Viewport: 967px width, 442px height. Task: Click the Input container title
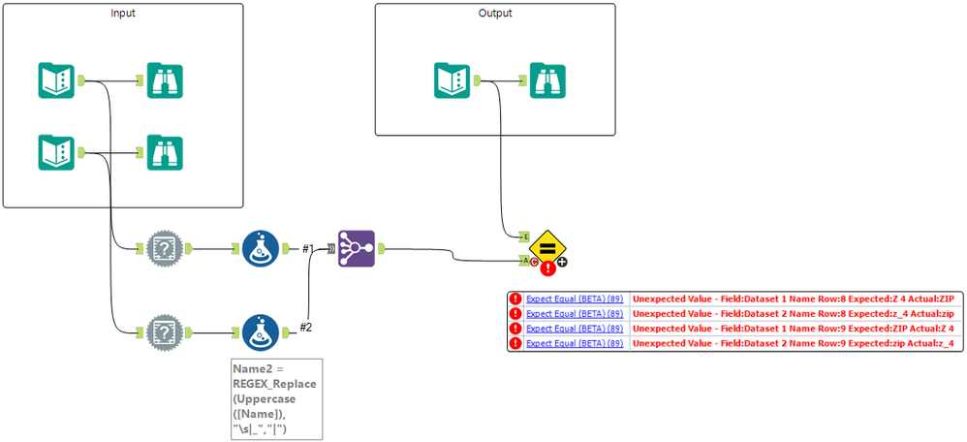(x=122, y=14)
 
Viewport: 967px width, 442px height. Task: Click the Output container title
(x=495, y=14)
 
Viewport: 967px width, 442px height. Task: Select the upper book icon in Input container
(x=56, y=80)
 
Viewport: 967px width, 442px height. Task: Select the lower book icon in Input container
(x=56, y=152)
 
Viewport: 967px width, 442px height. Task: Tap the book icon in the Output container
(x=452, y=80)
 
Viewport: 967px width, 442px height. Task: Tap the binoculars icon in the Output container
(x=547, y=80)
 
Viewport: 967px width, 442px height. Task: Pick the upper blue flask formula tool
(x=260, y=248)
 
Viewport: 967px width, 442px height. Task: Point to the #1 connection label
(x=308, y=248)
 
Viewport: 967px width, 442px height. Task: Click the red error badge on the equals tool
(x=547, y=268)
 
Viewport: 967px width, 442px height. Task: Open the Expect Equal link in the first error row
(x=576, y=300)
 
